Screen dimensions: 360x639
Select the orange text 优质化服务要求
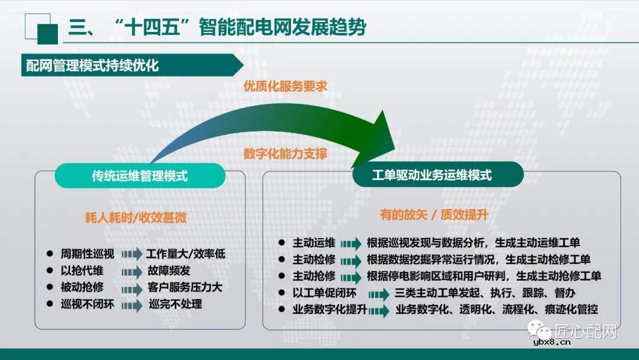click(x=285, y=86)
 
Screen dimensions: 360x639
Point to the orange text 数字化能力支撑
click(x=285, y=153)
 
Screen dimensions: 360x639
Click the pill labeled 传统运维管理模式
click(x=140, y=176)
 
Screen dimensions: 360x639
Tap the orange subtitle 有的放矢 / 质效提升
click(x=434, y=215)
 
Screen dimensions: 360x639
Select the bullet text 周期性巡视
click(x=87, y=255)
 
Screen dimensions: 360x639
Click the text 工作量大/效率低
click(x=185, y=255)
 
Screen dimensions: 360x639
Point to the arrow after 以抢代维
click(x=132, y=272)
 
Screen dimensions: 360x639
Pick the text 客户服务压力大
click(x=185, y=288)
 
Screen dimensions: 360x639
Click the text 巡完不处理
click(x=175, y=304)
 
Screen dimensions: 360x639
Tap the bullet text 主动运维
click(x=314, y=243)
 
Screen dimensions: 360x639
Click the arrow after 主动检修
click(x=350, y=261)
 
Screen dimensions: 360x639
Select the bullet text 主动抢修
click(x=314, y=277)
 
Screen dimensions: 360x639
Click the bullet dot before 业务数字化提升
click(x=282, y=310)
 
